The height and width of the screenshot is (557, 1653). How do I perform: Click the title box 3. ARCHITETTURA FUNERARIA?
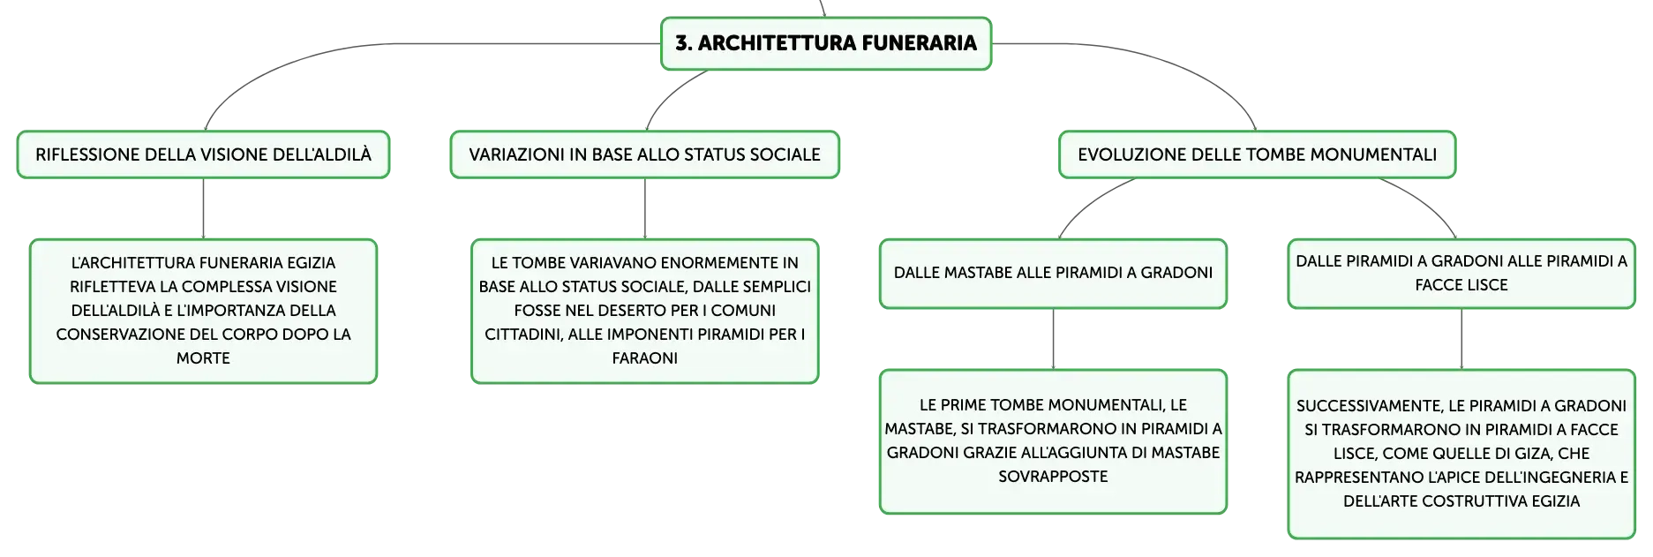[x=826, y=43]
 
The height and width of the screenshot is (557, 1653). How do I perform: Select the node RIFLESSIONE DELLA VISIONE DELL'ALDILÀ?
[x=203, y=154]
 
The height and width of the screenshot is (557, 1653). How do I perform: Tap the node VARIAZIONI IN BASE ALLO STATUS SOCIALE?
[x=644, y=154]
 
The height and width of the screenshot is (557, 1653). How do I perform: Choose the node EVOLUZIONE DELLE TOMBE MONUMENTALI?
[x=1257, y=154]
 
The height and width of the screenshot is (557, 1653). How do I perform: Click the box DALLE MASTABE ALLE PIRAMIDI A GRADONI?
[x=1053, y=274]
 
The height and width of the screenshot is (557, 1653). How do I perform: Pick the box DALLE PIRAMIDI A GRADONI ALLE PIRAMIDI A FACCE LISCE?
[x=1461, y=274]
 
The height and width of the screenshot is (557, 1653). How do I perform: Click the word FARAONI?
[x=645, y=358]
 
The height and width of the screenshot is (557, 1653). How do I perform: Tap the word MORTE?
[x=203, y=358]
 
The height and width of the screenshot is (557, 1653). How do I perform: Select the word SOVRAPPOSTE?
[x=1053, y=477]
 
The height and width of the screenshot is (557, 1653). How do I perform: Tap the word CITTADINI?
[x=522, y=335]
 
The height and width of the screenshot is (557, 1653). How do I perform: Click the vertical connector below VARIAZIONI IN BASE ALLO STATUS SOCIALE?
[x=645, y=208]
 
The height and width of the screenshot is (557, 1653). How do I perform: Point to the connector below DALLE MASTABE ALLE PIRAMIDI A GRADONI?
[x=1053, y=339]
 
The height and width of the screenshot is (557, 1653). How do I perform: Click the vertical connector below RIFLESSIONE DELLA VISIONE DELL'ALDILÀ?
[x=203, y=208]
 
